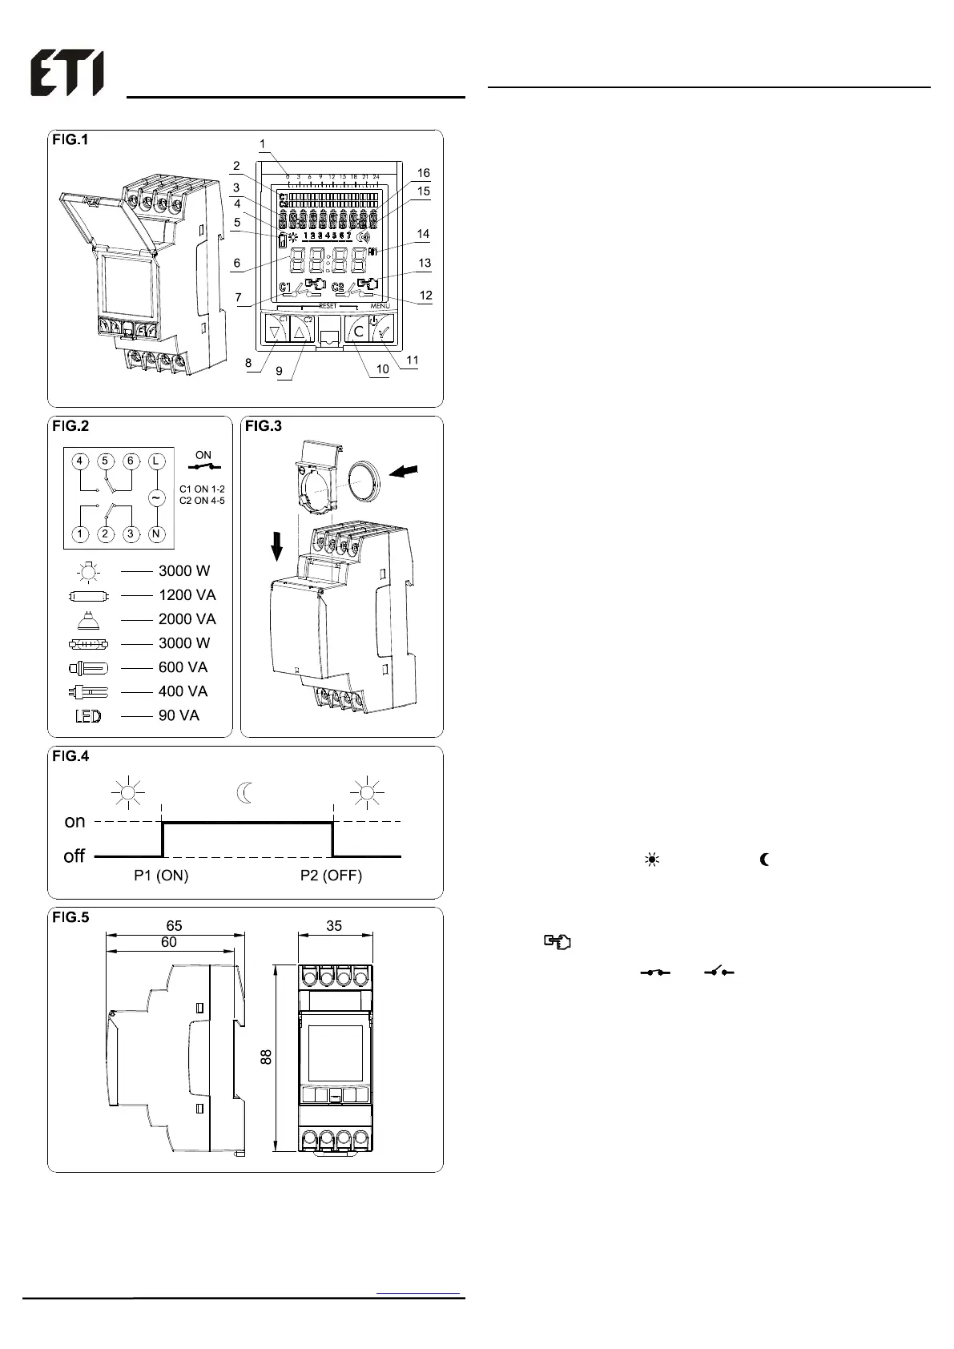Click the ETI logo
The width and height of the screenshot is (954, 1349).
tap(67, 74)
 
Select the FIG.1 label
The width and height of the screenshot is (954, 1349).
tap(70, 140)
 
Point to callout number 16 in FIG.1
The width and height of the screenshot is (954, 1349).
tap(424, 173)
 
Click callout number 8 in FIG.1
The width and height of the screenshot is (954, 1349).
tap(249, 363)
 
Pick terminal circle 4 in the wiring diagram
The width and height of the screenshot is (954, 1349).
tap(79, 461)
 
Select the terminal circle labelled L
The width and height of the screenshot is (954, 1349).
tap(156, 461)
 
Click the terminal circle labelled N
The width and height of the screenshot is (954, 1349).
tap(156, 534)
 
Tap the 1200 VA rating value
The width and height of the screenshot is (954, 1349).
tap(187, 595)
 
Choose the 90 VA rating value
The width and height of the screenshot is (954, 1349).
tap(179, 715)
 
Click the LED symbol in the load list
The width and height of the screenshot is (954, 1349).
tap(88, 716)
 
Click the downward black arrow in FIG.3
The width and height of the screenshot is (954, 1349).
tap(277, 548)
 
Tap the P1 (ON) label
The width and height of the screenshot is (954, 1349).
tap(161, 876)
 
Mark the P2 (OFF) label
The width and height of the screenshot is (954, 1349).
tap(331, 876)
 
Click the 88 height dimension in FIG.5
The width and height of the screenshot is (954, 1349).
tap(267, 1057)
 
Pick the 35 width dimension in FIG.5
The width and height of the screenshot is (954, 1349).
tap(334, 926)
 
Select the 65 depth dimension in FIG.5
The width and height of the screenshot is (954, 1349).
tap(174, 926)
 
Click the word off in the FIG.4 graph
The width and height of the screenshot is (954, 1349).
tap(74, 856)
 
